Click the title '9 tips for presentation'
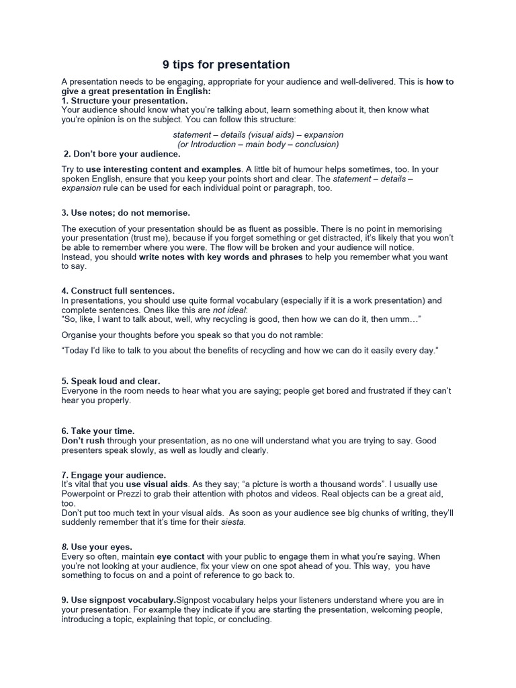(226, 65)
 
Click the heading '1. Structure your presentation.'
(125, 100)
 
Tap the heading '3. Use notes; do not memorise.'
(126, 213)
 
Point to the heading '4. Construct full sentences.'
(118, 291)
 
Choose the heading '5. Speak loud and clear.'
(111, 381)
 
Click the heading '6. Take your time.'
(98, 431)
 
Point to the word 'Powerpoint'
(83, 494)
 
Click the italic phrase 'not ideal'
(229, 310)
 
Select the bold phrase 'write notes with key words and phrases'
(221, 257)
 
